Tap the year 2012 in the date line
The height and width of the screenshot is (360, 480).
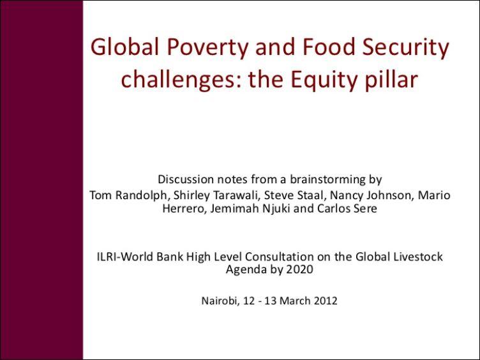click(x=324, y=300)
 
